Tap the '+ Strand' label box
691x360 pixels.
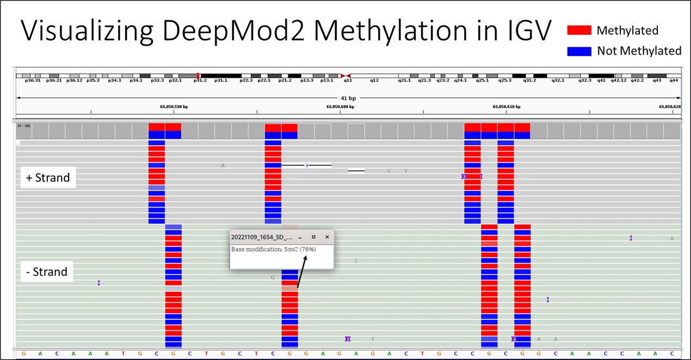pyautogui.click(x=48, y=178)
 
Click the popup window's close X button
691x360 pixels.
pyautogui.click(x=327, y=237)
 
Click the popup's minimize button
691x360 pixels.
pyautogui.click(x=300, y=237)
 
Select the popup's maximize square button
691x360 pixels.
pyautogui.click(x=313, y=237)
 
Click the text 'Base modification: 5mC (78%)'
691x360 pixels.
pyautogui.click(x=274, y=249)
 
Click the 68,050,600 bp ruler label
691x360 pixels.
pyautogui.click(x=340, y=107)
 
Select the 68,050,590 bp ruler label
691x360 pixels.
pyautogui.click(x=174, y=107)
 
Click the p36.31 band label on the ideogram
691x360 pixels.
pyautogui.click(x=26, y=80)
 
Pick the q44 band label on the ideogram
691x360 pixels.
pyautogui.click(x=674, y=80)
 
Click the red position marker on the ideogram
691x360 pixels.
pyautogui.click(x=198, y=76)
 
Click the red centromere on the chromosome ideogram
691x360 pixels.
pyautogui.click(x=345, y=76)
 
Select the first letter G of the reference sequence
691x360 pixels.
pyautogui.click(x=23, y=353)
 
